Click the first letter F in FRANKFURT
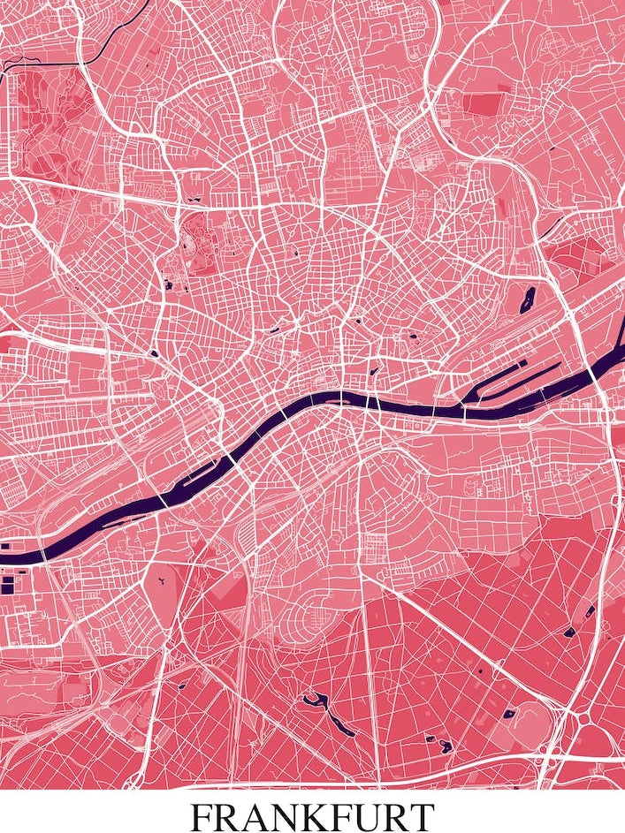pos(202,814)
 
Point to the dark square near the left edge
pos(8,585)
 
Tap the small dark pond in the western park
pos(166,284)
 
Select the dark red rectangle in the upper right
pos(483,103)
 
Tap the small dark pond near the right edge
pos(590,611)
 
